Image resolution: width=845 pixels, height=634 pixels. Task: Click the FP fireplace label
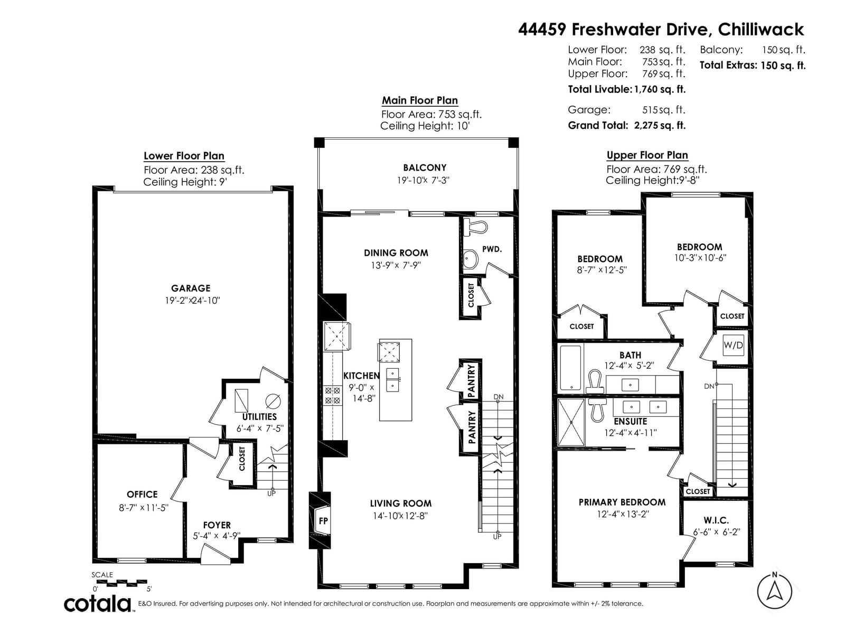[323, 521]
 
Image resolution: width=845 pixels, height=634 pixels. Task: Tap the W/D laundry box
[733, 346]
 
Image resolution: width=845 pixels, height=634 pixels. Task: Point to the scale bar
[119, 583]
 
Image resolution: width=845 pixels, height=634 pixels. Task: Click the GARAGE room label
[191, 288]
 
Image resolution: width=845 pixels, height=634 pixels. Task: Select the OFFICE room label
[142, 495]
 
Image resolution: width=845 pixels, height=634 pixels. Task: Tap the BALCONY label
[425, 168]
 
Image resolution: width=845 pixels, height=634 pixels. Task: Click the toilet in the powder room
[476, 227]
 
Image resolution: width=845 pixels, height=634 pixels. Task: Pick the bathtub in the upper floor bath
[570, 368]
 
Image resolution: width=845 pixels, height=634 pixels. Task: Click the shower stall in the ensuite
[571, 422]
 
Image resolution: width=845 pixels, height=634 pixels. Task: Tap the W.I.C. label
[716, 520]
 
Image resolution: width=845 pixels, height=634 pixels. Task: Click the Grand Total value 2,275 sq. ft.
[660, 126]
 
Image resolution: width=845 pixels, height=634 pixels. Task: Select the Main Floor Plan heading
[420, 100]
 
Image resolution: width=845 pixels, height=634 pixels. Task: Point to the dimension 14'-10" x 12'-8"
[400, 516]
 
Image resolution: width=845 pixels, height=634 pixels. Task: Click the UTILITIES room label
[259, 417]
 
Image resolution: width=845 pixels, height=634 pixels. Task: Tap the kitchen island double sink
[393, 379]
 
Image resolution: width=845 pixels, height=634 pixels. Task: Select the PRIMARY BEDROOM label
[622, 502]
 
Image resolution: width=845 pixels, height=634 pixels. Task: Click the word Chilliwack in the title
[760, 30]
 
